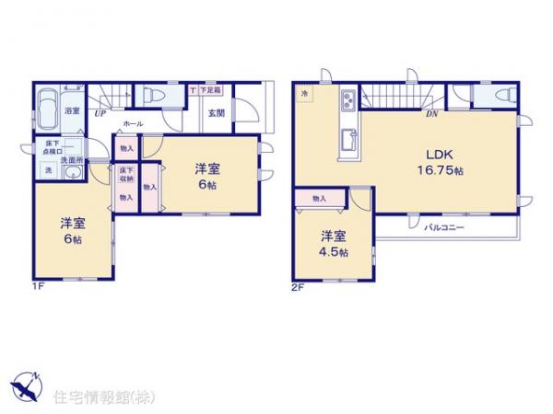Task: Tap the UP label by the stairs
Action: tap(98, 114)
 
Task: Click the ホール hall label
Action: tap(132, 122)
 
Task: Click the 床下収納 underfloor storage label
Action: tap(125, 175)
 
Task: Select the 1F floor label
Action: tap(39, 286)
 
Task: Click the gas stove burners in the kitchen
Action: tap(349, 100)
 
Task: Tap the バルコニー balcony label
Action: tap(443, 226)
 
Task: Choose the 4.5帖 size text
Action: tap(335, 252)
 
